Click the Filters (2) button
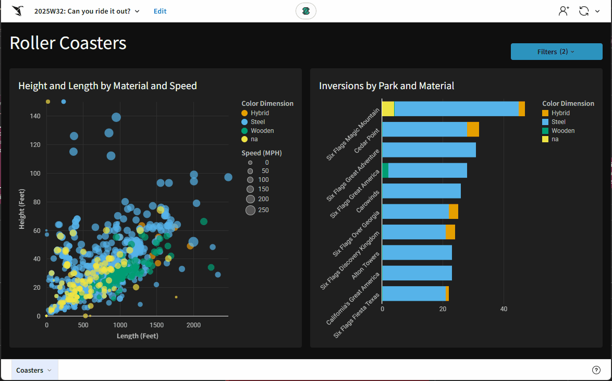pyautogui.click(x=556, y=52)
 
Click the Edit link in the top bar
pyautogui.click(x=160, y=11)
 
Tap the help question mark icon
pyautogui.click(x=596, y=370)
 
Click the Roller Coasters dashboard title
pyautogui.click(x=68, y=43)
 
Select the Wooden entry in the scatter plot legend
pyautogui.click(x=262, y=131)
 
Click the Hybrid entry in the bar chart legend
pyautogui.click(x=560, y=113)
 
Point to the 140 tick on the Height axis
pyautogui.click(x=35, y=116)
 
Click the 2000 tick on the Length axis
pyautogui.click(x=193, y=325)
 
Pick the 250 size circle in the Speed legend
pyautogui.click(x=250, y=210)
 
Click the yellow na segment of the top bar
pyautogui.click(x=388, y=109)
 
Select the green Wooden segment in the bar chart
pyautogui.click(x=385, y=170)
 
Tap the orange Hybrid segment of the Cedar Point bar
pyautogui.click(x=473, y=129)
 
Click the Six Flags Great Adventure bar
pyautogui.click(x=429, y=150)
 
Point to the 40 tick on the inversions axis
pyautogui.click(x=503, y=309)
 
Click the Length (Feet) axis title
pyautogui.click(x=137, y=336)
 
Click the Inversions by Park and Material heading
pyautogui.click(x=386, y=86)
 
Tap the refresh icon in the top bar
pyautogui.click(x=584, y=11)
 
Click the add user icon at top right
pyautogui.click(x=564, y=11)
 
